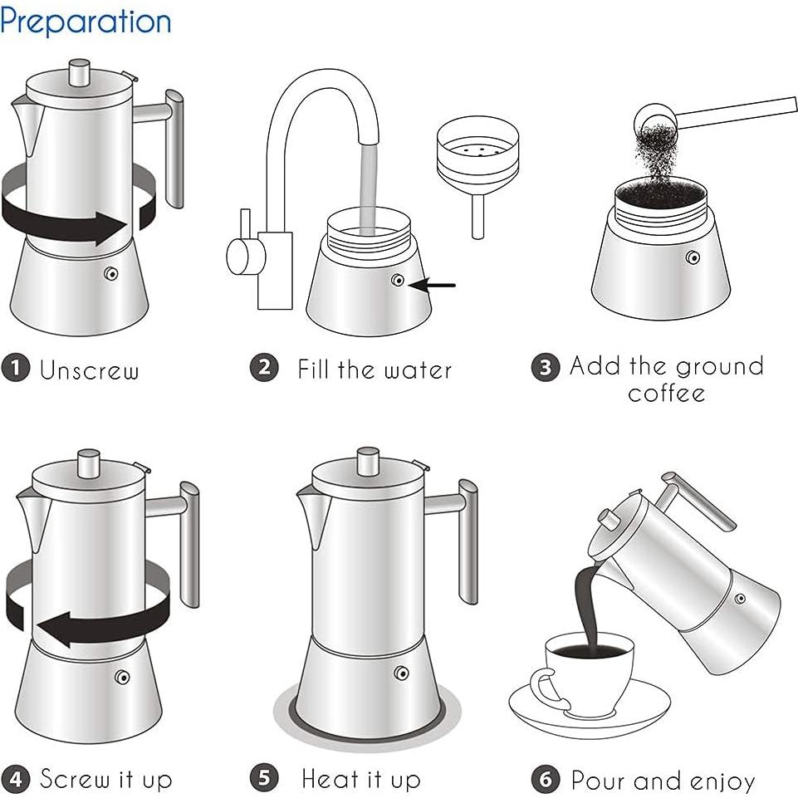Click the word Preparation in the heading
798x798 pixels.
(86, 21)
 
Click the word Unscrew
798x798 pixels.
(90, 370)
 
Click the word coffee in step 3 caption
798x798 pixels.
(667, 392)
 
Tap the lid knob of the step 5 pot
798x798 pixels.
(369, 459)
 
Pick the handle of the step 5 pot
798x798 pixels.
(468, 540)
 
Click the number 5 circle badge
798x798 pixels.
(264, 779)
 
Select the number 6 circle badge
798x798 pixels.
(546, 780)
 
